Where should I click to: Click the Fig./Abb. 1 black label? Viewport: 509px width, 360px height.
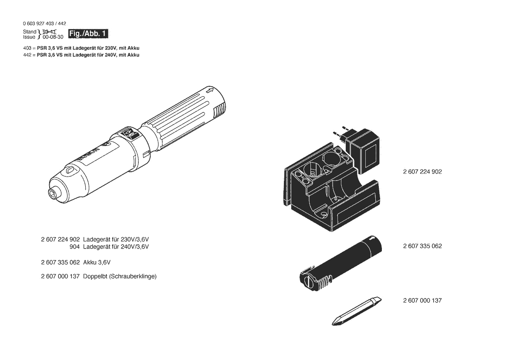click(88, 34)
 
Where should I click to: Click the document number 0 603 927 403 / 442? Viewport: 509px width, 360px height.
click(44, 24)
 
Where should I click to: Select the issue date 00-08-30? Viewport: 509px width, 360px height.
click(53, 37)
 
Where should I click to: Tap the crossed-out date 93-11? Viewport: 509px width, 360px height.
click(50, 31)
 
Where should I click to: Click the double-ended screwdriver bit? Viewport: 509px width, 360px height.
click(357, 311)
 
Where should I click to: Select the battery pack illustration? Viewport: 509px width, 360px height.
click(340, 264)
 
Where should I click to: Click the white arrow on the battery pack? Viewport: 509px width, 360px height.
click(372, 239)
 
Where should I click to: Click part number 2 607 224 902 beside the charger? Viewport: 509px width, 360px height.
click(422, 172)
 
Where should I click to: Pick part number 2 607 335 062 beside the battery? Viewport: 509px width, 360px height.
click(422, 246)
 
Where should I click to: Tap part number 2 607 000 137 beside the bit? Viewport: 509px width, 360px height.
click(422, 301)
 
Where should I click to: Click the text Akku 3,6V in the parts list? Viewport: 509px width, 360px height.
click(97, 262)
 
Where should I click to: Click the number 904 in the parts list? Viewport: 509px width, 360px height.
click(74, 247)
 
